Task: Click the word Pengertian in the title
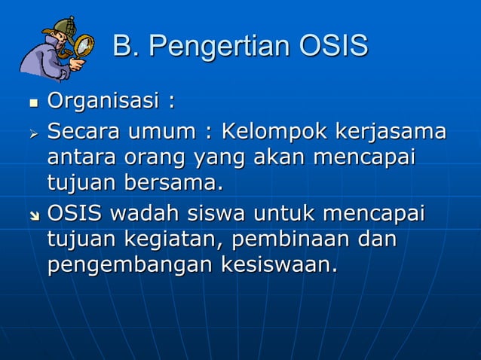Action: (219, 47)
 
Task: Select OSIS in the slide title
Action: (333, 46)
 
